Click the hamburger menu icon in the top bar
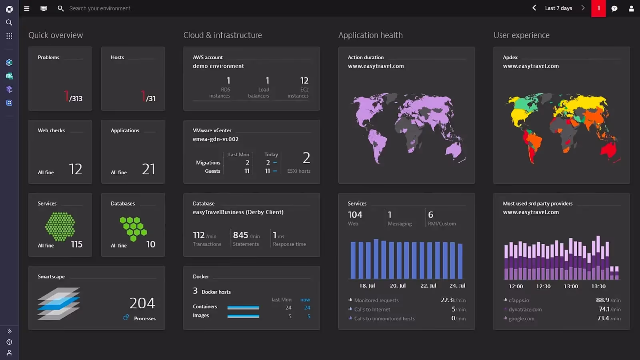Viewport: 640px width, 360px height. (26, 8)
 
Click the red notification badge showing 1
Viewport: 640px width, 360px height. (598, 8)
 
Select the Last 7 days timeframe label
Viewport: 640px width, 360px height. (558, 8)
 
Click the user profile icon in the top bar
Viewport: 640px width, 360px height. (631, 8)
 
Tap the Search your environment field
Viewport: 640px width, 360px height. (102, 8)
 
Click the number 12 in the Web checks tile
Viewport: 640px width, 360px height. (75, 169)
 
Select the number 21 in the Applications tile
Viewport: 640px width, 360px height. (148, 169)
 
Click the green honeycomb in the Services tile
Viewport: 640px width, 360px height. (60, 226)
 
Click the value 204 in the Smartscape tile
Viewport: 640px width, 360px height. (142, 303)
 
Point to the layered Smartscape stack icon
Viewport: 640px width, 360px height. (59, 304)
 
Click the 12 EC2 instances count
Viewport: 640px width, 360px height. (304, 81)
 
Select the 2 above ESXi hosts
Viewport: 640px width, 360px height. (306, 158)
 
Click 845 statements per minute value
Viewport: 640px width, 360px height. (241, 235)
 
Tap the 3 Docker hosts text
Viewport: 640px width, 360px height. (212, 291)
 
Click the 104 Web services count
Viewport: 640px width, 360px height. (355, 215)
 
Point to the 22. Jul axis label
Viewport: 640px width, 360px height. (428, 286)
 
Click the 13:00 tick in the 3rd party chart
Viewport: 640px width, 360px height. (571, 286)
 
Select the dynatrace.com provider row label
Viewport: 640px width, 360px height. (525, 310)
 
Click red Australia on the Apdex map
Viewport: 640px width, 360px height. (609, 150)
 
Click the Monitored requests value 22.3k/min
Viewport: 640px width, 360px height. (453, 300)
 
